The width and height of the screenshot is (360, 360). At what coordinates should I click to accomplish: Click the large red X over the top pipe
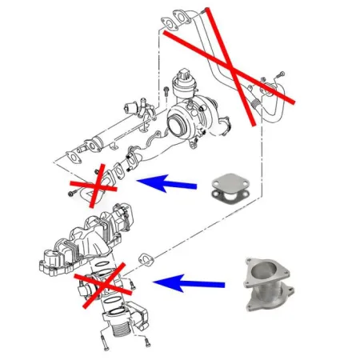[x=231, y=68]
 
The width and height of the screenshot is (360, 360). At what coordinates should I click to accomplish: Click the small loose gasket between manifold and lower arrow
[x=147, y=258]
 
